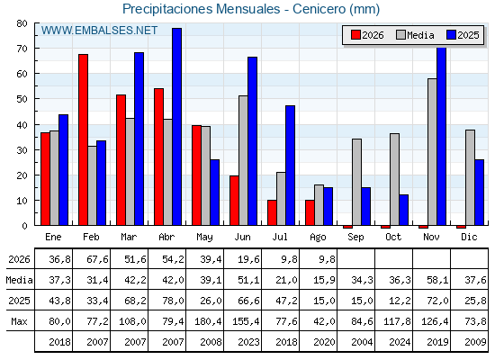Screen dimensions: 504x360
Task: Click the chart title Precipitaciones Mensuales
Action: pyautogui.click(x=202, y=9)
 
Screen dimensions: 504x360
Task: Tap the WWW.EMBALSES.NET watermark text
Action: pyautogui.click(x=99, y=31)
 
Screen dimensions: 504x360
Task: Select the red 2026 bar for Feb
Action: pyautogui.click(x=83, y=139)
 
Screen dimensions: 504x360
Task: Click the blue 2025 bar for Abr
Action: pyautogui.click(x=176, y=127)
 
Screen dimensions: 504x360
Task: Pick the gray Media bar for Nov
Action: pyautogui.click(x=432, y=152)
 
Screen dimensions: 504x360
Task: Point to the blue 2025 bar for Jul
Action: pyautogui.click(x=290, y=166)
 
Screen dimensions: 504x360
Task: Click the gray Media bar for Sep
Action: pyautogui.click(x=356, y=182)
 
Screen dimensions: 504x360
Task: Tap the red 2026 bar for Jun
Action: pyautogui.click(x=234, y=201)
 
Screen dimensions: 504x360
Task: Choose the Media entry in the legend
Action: pyautogui.click(x=415, y=35)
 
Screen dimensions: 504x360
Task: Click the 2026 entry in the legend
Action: pyautogui.click(x=367, y=35)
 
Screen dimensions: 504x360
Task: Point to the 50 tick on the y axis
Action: pyautogui.click(x=22, y=99)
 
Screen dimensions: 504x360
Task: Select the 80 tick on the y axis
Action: pyautogui.click(x=22, y=23)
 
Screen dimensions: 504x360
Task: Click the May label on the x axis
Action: pyautogui.click(x=204, y=238)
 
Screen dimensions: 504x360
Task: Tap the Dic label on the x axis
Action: pyautogui.click(x=469, y=237)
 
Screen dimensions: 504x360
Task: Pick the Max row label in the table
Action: pyautogui.click(x=19, y=321)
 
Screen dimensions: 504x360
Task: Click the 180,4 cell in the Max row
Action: pyautogui.click(x=208, y=321)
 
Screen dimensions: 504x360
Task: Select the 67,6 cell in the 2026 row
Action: pyautogui.click(x=97, y=259)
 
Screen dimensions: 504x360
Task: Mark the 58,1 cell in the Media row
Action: pyautogui.click(x=437, y=280)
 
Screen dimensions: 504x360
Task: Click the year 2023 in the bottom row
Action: pyautogui.click(x=248, y=342)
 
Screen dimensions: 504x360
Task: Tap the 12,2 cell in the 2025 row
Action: pyautogui.click(x=400, y=301)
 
